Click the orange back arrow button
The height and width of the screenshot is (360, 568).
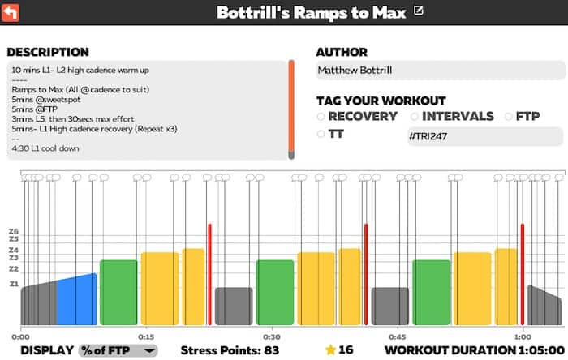click(12, 12)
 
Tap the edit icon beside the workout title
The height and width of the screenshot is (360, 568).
click(419, 11)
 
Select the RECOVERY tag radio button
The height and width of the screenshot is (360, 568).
click(321, 116)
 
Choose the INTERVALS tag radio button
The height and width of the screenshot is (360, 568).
click(415, 116)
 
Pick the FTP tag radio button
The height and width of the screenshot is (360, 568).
click(509, 116)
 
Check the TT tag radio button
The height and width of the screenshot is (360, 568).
click(321, 135)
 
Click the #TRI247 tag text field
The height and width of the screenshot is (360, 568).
click(484, 136)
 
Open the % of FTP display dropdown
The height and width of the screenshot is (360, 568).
click(118, 350)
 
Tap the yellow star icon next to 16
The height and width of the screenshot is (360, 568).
click(330, 350)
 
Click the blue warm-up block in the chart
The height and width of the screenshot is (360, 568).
click(77, 300)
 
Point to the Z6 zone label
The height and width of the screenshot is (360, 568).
click(14, 232)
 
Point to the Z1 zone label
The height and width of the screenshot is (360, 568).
click(14, 284)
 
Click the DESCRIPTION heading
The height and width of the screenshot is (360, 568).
click(48, 53)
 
